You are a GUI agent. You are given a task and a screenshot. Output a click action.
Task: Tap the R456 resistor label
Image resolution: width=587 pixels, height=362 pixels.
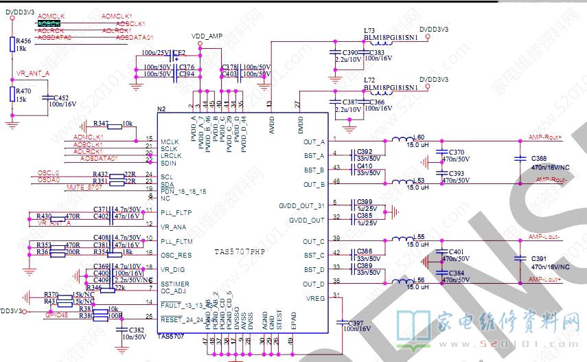[x=23, y=40]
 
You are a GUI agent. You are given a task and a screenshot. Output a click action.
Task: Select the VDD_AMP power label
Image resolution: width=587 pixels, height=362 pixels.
[x=206, y=35]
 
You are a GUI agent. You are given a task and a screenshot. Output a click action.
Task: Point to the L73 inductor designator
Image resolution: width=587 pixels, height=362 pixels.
[x=369, y=31]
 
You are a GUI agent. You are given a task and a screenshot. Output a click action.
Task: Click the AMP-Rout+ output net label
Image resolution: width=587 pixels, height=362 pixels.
[x=545, y=137]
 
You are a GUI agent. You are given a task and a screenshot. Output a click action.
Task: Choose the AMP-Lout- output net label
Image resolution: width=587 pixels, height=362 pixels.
[x=545, y=237]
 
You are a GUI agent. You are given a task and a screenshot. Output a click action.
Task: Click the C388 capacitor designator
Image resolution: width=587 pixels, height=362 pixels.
[x=539, y=159]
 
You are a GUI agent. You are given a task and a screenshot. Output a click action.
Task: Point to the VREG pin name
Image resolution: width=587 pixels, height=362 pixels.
[x=315, y=298]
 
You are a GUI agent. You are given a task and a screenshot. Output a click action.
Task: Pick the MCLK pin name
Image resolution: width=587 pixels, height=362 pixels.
[x=169, y=142]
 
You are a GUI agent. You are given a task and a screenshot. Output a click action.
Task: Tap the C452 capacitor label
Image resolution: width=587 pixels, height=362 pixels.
[x=61, y=98]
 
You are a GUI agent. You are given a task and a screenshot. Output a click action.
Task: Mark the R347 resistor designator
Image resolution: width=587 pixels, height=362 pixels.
[x=101, y=124]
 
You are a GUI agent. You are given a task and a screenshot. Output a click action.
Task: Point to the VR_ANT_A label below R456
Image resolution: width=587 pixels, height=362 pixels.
[x=33, y=72]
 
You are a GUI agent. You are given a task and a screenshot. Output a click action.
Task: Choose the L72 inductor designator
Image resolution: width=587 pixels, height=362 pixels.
[x=369, y=80]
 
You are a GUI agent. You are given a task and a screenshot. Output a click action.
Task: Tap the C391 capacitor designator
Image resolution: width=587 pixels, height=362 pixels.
[x=539, y=258]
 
